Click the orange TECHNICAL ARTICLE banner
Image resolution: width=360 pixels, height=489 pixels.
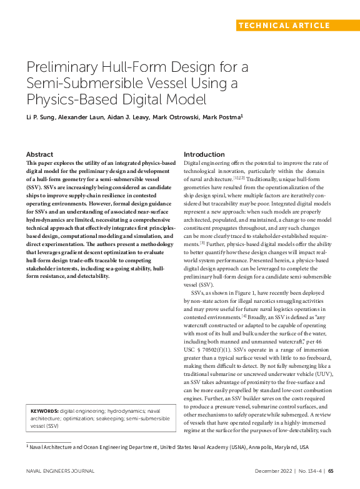(284, 26)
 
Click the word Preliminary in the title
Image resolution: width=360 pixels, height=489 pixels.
(66, 67)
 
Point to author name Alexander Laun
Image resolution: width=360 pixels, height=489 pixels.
(86, 117)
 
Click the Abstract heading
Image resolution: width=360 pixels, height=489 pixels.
(39, 154)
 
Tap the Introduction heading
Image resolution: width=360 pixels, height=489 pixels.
(204, 154)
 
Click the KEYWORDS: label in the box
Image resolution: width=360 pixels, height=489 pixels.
(44, 411)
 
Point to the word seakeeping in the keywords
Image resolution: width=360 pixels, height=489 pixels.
(107, 418)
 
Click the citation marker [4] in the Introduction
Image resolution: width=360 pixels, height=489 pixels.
(244, 315)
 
